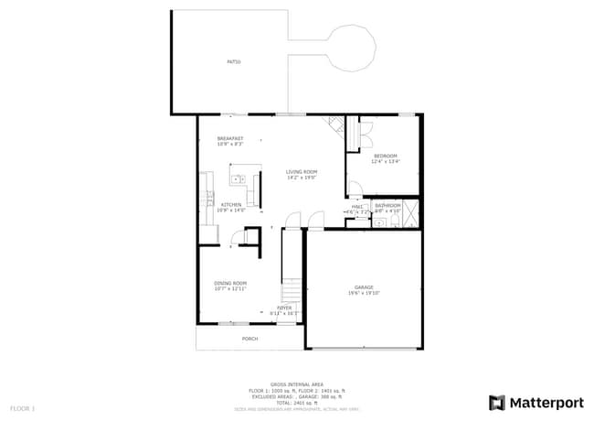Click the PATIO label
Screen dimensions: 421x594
tap(234, 62)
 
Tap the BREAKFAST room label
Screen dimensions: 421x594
tap(230, 137)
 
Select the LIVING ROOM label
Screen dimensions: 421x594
tap(301, 172)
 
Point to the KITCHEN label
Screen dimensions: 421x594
tap(230, 204)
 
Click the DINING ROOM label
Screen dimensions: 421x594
tap(230, 283)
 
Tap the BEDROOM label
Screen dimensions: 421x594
tap(385, 157)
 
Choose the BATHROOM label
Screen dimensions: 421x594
tap(387, 205)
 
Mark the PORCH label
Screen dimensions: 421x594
tap(249, 339)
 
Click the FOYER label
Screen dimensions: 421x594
tap(284, 308)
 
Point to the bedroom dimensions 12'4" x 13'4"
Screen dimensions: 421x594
tap(385, 163)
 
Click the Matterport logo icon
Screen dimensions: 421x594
tap(496, 402)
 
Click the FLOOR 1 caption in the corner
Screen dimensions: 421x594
tap(22, 407)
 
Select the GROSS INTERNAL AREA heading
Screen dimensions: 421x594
tap(296, 384)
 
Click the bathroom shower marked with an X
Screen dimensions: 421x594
tap(411, 212)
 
